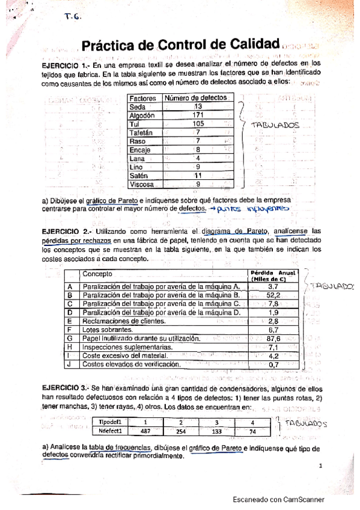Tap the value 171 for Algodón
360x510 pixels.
pyautogui.click(x=198, y=115)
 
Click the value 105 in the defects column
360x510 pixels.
pyautogui.click(x=198, y=124)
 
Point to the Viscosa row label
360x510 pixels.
pyautogui.click(x=142, y=185)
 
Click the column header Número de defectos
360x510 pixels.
pyautogui.click(x=196, y=98)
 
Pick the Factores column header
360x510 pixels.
pyautogui.click(x=143, y=98)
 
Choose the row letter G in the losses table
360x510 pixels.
pyautogui.click(x=70, y=339)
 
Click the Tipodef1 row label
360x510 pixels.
pyautogui.click(x=111, y=421)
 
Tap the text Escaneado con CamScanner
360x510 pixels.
pyautogui.click(x=279, y=499)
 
